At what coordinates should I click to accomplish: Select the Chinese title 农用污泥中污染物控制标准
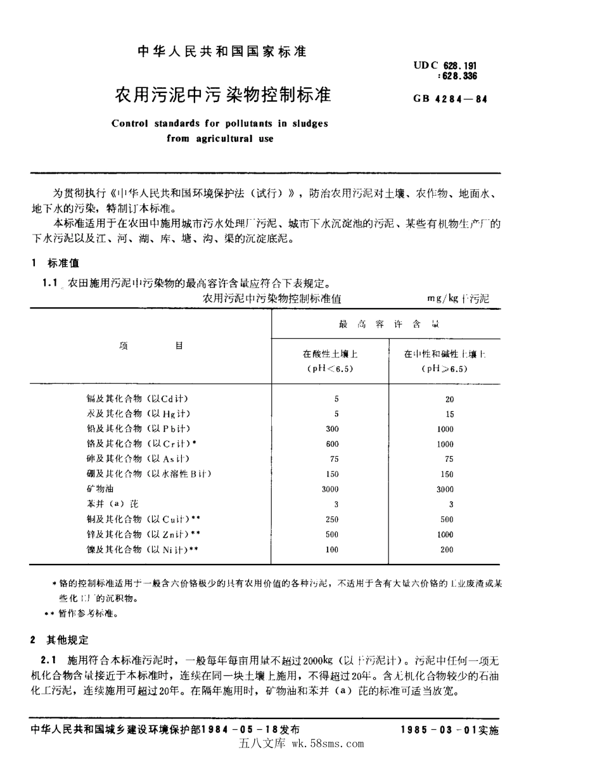point(222,96)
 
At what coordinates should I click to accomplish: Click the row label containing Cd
point(137,399)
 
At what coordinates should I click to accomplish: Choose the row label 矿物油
point(98,489)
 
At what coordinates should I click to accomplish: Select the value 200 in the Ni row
point(447,549)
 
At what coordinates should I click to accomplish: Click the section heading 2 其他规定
point(60,641)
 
